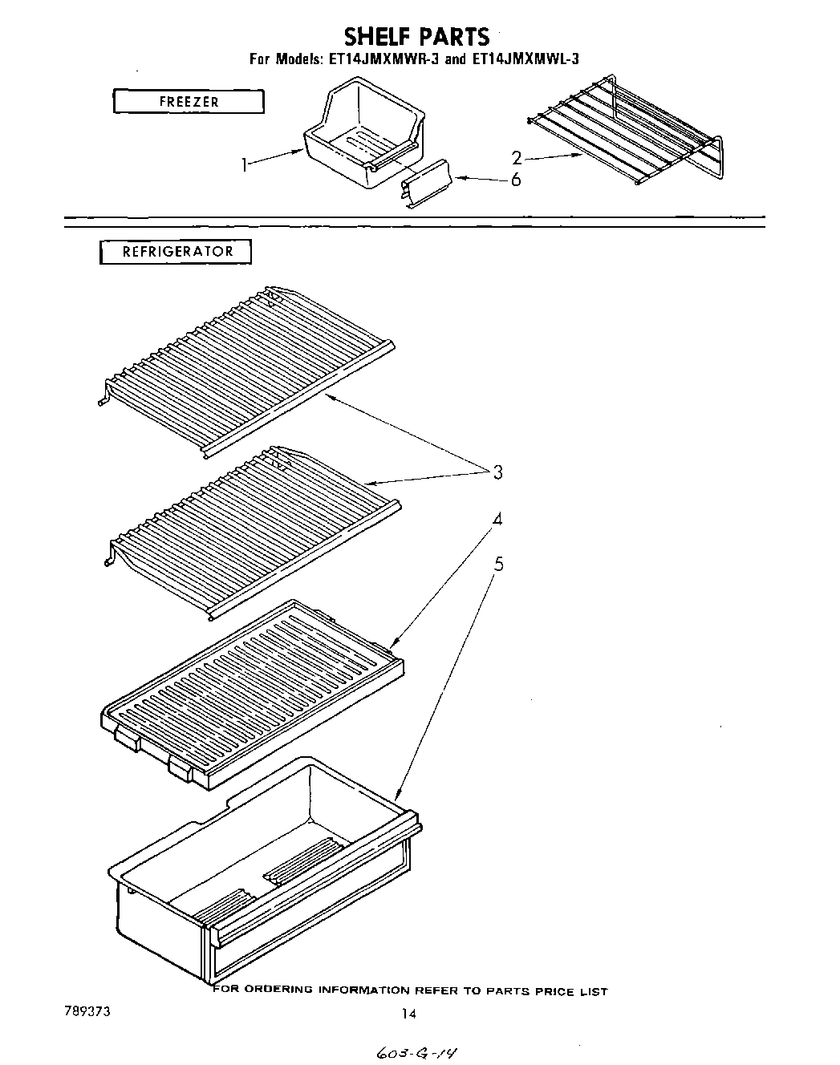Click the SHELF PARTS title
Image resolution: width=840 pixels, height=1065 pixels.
tap(416, 36)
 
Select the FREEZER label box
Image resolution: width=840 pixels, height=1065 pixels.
tap(189, 102)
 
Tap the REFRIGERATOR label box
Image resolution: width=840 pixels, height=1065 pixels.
tap(177, 252)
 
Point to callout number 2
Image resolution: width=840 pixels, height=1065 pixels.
tap(517, 159)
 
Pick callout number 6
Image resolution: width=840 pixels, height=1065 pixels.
tap(515, 180)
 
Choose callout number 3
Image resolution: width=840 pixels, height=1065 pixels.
tap(497, 472)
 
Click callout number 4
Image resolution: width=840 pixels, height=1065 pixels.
tap(497, 519)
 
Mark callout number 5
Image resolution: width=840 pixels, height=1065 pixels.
tap(498, 564)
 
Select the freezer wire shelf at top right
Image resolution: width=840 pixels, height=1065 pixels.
tap(626, 128)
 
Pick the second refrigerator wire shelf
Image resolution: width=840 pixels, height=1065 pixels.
tap(249, 529)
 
